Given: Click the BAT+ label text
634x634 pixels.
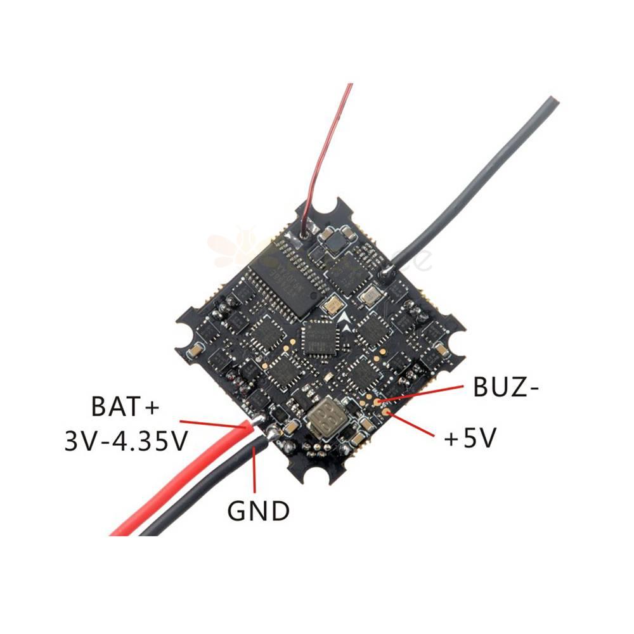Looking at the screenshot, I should (124, 406).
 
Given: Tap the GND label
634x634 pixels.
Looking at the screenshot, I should (258, 510).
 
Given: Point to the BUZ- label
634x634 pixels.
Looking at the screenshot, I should (506, 388).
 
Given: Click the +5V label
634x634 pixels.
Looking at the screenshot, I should (469, 438).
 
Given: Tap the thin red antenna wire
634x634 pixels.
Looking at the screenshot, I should (323, 158).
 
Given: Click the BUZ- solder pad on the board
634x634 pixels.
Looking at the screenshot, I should (378, 401).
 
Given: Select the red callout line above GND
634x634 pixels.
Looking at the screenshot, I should (255, 469).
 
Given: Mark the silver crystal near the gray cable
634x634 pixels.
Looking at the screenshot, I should (368, 294).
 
